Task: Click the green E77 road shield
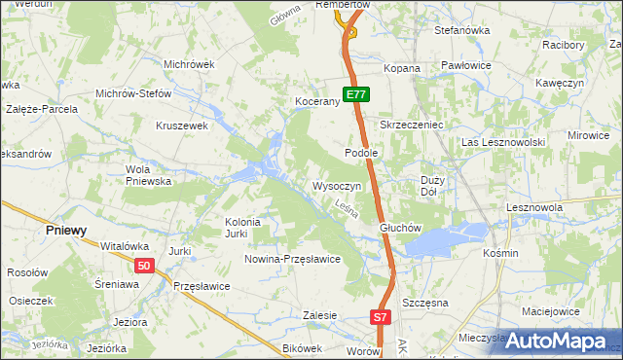coord(355,94)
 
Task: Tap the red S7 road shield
coord(382,317)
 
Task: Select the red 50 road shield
coord(144,266)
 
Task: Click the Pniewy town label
coord(67,231)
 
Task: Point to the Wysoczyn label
coord(337,185)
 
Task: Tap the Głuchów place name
coord(398,229)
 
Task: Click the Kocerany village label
coord(316,101)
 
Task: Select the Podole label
coord(361,153)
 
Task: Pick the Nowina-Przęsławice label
coord(292,259)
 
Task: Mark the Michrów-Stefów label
coord(133,93)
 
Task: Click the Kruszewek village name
coord(183,126)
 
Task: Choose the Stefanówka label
coord(461,30)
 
